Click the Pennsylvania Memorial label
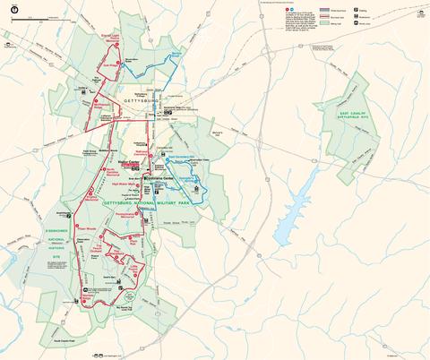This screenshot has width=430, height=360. tap(145, 218)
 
